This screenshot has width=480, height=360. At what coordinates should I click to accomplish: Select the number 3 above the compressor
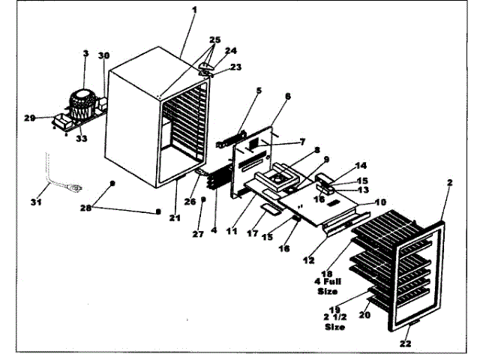[x=86, y=55]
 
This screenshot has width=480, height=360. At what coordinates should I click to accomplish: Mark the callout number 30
[x=104, y=56]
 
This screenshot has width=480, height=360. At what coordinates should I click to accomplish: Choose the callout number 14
[x=361, y=165]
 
